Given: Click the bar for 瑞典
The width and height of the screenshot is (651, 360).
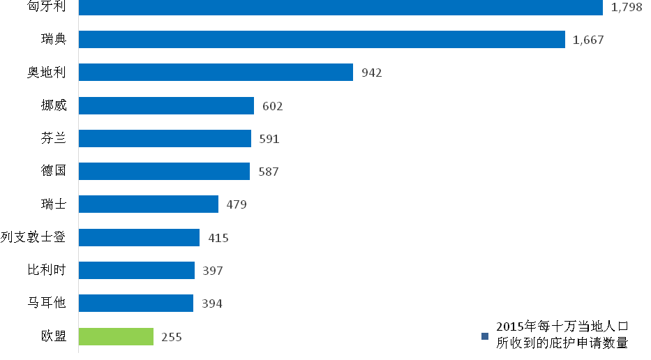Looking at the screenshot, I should pyautogui.click(x=322, y=40).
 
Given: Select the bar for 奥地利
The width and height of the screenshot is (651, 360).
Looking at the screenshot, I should pyautogui.click(x=216, y=73).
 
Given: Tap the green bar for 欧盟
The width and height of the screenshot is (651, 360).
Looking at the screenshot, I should pyautogui.click(x=116, y=336).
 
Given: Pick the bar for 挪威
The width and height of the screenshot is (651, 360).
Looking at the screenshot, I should pyautogui.click(x=166, y=105).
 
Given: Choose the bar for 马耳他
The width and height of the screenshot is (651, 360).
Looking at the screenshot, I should pyautogui.click(x=136, y=303).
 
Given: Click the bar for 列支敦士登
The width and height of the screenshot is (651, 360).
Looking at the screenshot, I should pyautogui.click(x=139, y=237).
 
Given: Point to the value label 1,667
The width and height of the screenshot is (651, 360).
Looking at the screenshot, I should pyautogui.click(x=588, y=40).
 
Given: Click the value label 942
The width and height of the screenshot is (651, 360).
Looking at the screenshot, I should pyautogui.click(x=372, y=73).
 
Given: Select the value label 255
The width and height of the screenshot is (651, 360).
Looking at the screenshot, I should pyautogui.click(x=172, y=337).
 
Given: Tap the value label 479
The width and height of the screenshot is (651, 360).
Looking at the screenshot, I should pyautogui.click(x=237, y=204).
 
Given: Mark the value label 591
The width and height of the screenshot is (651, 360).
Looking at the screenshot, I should pyautogui.click(x=269, y=139).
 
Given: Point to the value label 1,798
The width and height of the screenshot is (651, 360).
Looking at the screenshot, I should pyautogui.click(x=626, y=8).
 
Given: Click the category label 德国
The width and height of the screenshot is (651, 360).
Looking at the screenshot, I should pyautogui.click(x=54, y=171).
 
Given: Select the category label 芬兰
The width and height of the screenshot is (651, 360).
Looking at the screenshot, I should pyautogui.click(x=54, y=138).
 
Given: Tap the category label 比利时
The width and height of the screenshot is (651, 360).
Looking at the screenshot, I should pyautogui.click(x=47, y=270).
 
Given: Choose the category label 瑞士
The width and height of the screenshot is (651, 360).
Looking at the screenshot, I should pyautogui.click(x=54, y=204).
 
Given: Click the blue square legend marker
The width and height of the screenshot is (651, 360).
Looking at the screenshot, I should pyautogui.click(x=486, y=336).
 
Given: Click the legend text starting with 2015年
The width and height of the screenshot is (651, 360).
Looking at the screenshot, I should pyautogui.click(x=562, y=335).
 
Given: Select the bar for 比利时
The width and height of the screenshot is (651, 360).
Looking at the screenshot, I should pyautogui.click(x=137, y=270).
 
